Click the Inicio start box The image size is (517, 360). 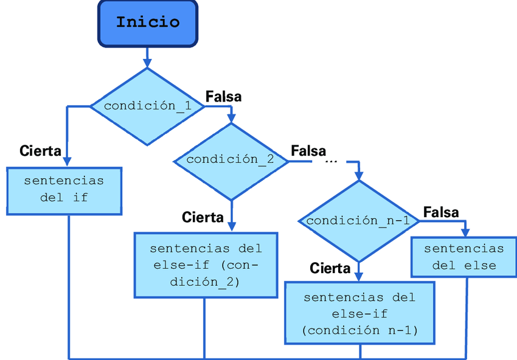click(x=148, y=23)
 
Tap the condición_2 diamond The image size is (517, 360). click(x=230, y=160)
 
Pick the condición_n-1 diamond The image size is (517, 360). click(x=358, y=221)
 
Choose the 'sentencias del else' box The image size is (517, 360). click(x=464, y=257)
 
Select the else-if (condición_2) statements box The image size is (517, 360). click(x=206, y=265)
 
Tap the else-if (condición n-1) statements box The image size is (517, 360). click(x=359, y=314)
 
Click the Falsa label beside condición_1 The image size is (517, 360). click(x=223, y=97)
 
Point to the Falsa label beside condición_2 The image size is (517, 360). click(x=308, y=150)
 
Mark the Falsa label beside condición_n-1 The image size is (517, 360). click(x=441, y=212)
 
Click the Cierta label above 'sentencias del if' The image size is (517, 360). click(x=40, y=151)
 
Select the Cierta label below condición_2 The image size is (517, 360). click(x=203, y=217)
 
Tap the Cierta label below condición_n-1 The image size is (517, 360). click(x=330, y=268)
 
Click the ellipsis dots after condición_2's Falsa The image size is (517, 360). click(x=331, y=162)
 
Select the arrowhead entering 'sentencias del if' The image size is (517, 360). click(x=67, y=161)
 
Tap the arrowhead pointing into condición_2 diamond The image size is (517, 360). click(x=231, y=118)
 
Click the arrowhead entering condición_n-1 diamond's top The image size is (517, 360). click(x=359, y=175)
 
